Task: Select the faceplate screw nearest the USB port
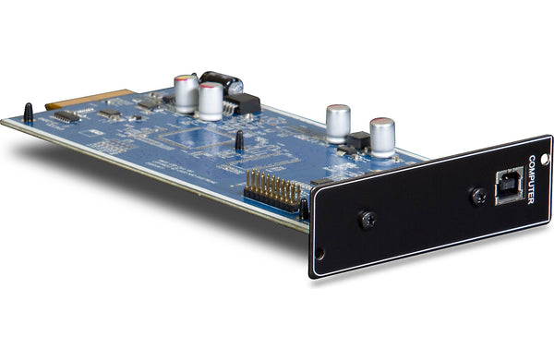tap(478, 196)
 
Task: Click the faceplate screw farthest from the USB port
tap(367, 220)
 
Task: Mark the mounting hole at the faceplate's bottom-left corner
tap(319, 258)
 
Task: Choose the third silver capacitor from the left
tap(337, 123)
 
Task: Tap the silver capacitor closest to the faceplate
tap(382, 136)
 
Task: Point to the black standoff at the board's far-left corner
tap(28, 114)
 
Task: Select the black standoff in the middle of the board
tap(239, 140)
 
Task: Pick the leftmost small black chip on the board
tap(66, 117)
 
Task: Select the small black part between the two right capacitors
tap(357, 140)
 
